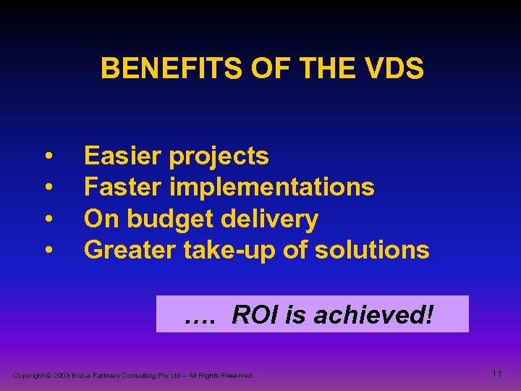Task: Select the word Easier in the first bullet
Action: coord(123,156)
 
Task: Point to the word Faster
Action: coord(124,187)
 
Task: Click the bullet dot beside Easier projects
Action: coord(48,156)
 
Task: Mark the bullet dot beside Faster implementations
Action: coord(48,188)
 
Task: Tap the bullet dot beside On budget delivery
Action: coord(48,219)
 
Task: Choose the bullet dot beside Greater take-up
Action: coord(48,251)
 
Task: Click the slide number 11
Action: coord(496,374)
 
